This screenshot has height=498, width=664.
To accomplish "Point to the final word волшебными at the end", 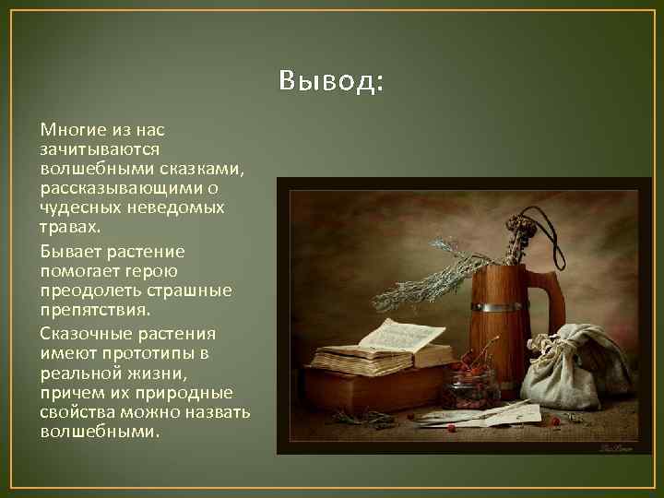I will (100, 432).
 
